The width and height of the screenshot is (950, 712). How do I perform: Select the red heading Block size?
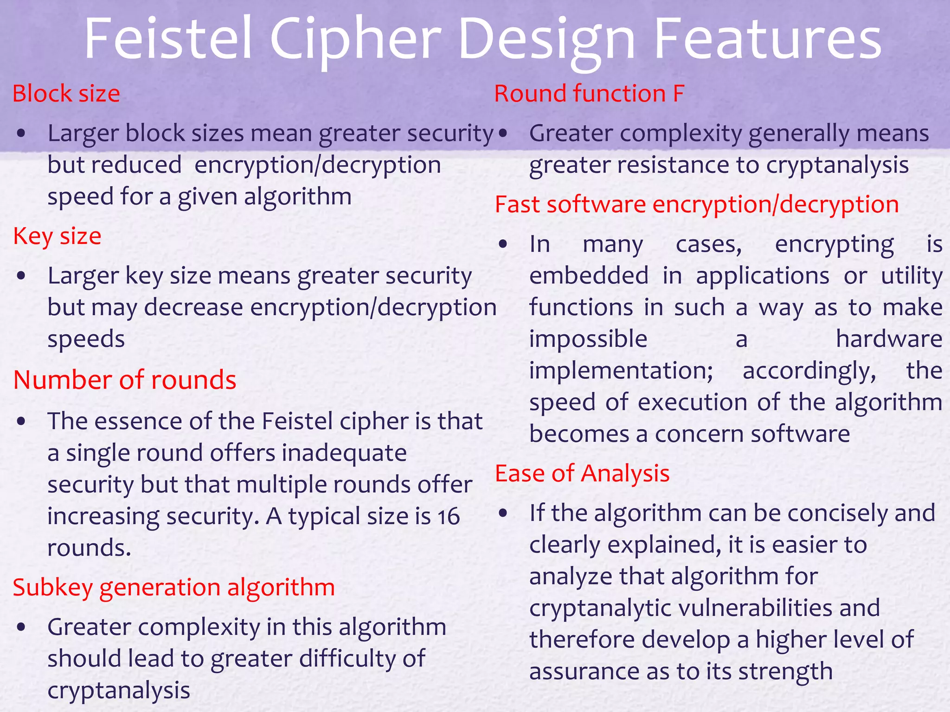pos(66,94)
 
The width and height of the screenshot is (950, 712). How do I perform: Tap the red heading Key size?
pos(57,236)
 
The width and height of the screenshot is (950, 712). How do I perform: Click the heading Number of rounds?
pos(125,380)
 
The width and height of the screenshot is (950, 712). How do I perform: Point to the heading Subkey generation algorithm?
pos(174,588)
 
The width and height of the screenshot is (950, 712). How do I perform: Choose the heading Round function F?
pos(589,94)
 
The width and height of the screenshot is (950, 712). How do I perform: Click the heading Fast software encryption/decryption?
pos(697,205)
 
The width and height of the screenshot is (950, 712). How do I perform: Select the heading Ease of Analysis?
pos(582,474)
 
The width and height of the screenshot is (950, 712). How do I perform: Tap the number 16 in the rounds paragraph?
pos(448,516)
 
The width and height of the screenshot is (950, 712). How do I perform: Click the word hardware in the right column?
pos(889,339)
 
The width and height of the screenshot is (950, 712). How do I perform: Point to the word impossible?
pos(588,339)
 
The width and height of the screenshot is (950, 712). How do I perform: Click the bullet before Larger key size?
pos(21,276)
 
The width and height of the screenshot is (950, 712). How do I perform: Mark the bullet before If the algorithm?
pos(503,514)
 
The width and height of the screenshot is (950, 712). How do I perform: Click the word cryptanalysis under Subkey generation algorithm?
pos(119,691)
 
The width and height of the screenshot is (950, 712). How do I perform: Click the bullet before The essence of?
pos(21,422)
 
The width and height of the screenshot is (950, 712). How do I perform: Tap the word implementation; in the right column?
pos(621,371)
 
